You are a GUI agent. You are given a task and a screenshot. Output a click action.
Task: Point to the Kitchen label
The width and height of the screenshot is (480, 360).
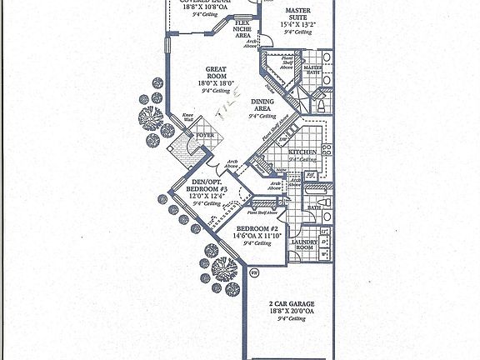pos(300,152)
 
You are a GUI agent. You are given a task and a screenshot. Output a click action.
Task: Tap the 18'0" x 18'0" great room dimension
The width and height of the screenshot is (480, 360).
pos(214,84)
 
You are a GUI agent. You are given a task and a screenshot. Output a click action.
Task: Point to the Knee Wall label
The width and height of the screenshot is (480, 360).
pos(188,118)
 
